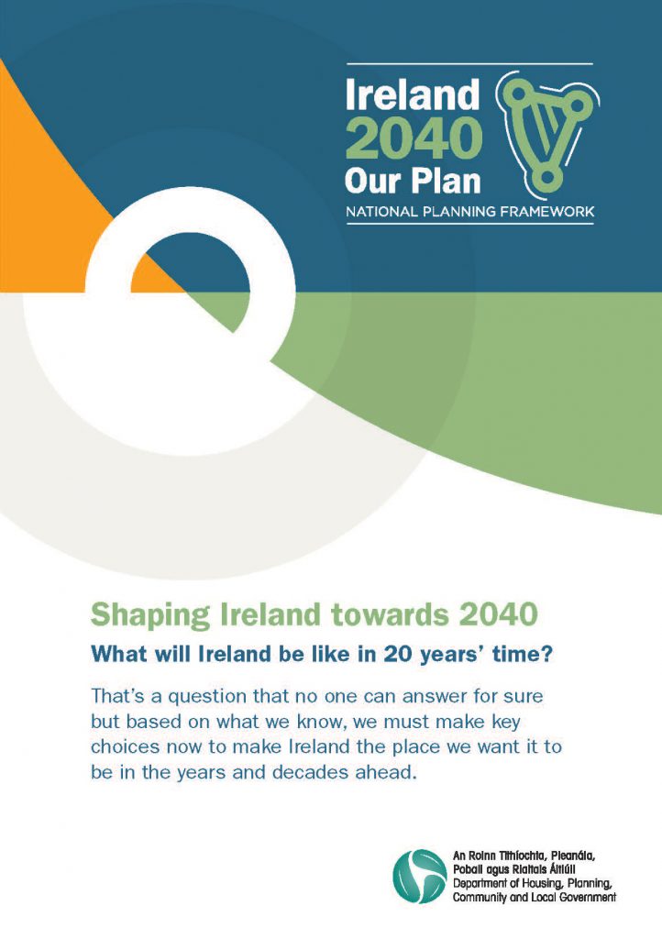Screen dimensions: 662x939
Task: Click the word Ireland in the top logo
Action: tap(413, 94)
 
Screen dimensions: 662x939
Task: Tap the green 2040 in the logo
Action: tap(414, 138)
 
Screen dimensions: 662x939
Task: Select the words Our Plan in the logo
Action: tap(413, 181)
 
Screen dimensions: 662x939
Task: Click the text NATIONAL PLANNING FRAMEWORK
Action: tap(469, 212)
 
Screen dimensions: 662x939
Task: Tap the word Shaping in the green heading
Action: tap(150, 616)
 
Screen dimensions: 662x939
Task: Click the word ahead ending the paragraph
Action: tap(386, 772)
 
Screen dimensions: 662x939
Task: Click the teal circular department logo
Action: tap(420, 876)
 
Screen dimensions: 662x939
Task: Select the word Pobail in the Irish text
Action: tap(467, 869)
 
